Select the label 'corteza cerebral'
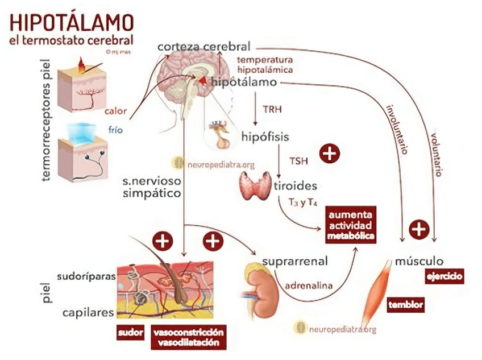point(204,46)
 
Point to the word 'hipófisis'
point(265,137)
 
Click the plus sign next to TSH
point(330,152)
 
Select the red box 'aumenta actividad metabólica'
point(350,224)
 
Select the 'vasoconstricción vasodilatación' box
point(188,337)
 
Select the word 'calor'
point(115,111)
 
